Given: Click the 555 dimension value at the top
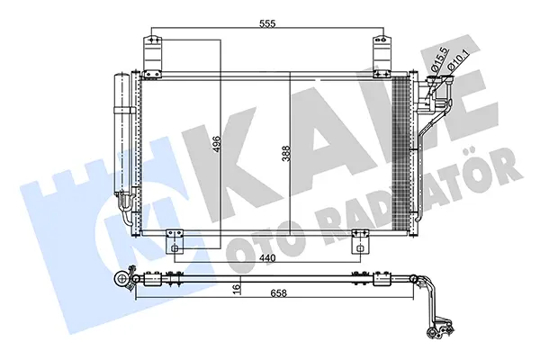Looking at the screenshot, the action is click(267, 23).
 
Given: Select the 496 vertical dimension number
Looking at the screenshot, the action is click(217, 144).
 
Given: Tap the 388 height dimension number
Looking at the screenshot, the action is click(286, 154).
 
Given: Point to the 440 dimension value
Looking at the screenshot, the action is click(267, 257).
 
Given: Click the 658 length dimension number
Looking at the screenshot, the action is click(279, 293).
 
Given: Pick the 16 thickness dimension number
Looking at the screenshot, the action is click(236, 289).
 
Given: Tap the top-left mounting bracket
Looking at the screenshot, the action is click(152, 56).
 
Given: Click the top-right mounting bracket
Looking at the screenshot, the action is click(382, 56).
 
